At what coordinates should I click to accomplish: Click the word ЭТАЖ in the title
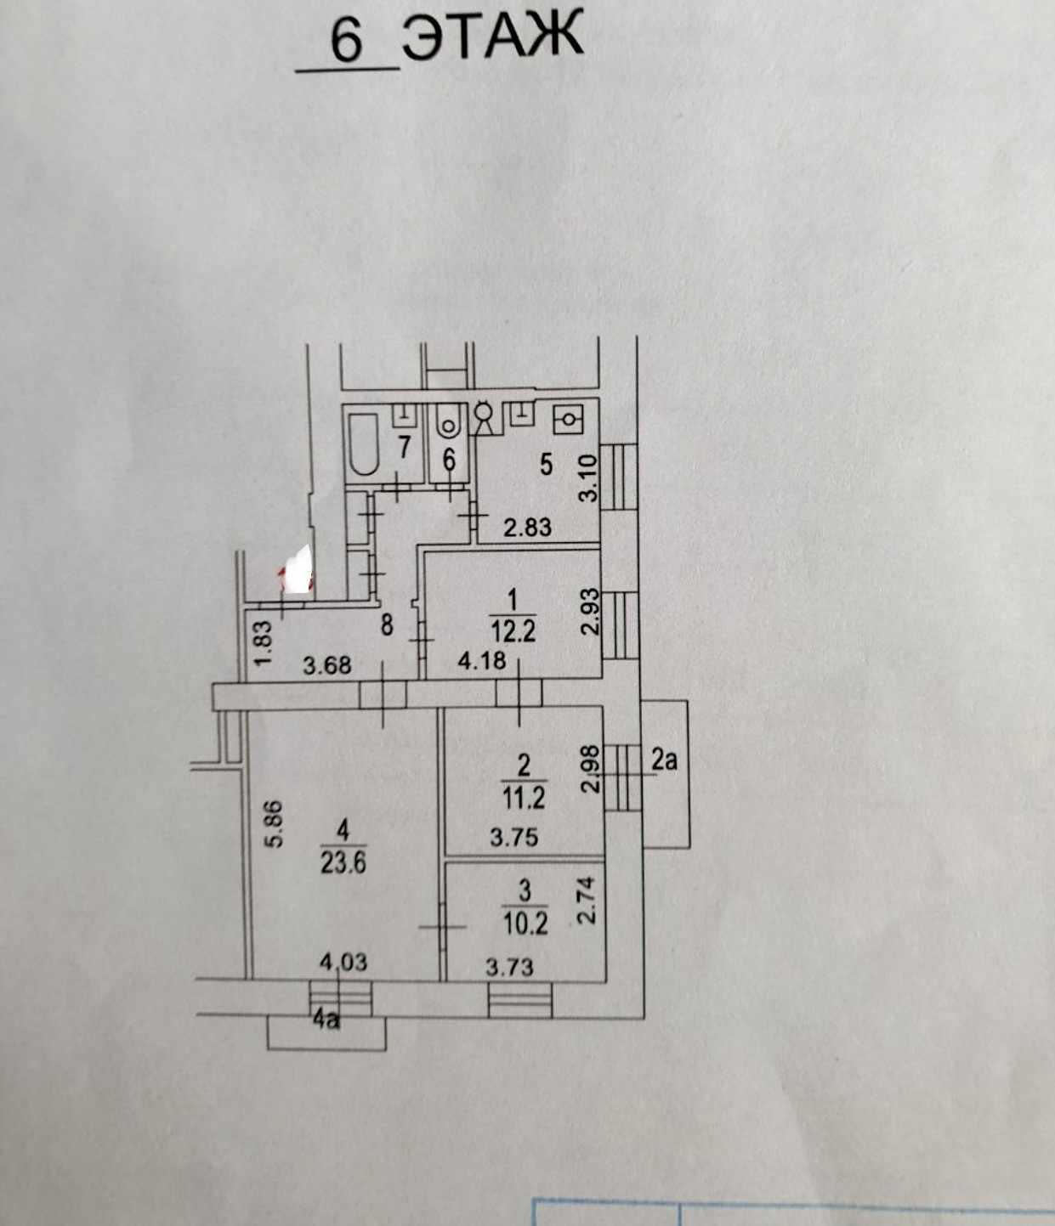coord(493,36)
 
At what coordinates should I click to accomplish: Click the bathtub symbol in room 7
coord(364,444)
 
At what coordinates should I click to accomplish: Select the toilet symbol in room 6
coord(447,422)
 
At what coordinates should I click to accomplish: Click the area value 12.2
coord(513,631)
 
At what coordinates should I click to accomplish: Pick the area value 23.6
coord(343,863)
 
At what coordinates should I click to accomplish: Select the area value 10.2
coord(525,923)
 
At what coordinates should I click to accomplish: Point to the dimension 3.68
coord(327,664)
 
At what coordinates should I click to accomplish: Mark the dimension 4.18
coord(482,660)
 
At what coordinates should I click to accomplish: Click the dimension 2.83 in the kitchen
coord(527,528)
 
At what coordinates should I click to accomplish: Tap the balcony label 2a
coord(664,760)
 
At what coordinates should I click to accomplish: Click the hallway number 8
coord(387,626)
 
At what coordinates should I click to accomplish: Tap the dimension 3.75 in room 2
coord(513,838)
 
